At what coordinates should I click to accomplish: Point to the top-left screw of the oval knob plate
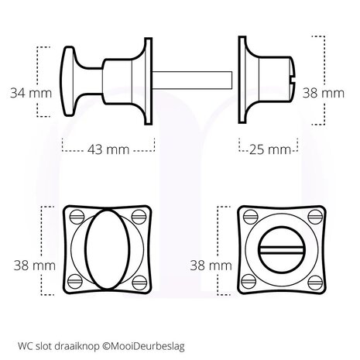[75, 216]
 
